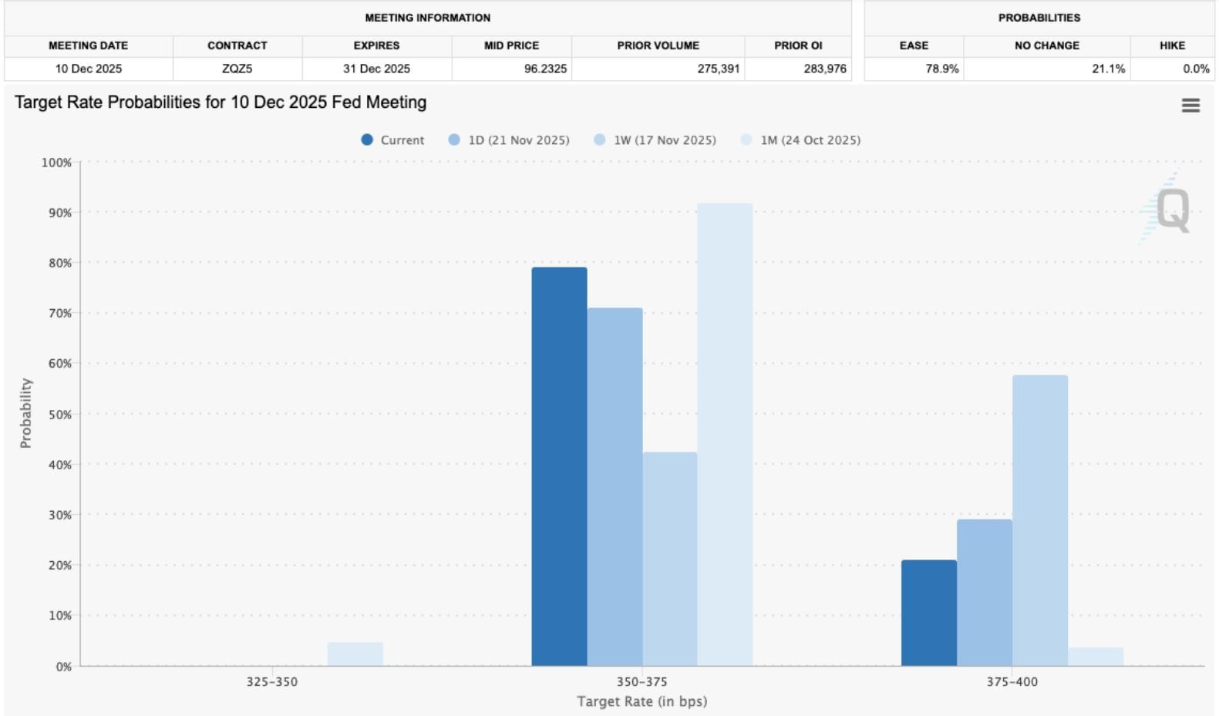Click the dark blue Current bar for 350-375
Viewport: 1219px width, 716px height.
(x=559, y=466)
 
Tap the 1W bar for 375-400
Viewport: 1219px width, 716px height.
(x=1039, y=520)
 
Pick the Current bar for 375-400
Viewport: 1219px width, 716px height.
(x=928, y=613)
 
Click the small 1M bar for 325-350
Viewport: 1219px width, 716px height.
(x=355, y=654)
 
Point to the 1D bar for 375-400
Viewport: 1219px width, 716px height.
(x=984, y=593)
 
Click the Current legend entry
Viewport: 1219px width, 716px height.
(x=392, y=140)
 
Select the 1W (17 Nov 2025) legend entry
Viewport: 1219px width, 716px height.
(x=655, y=140)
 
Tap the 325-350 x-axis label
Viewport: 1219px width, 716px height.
(x=271, y=681)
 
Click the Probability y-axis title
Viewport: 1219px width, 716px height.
(x=26, y=413)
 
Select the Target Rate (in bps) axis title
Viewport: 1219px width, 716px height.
(x=641, y=701)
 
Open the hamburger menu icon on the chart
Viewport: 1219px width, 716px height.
(x=1190, y=106)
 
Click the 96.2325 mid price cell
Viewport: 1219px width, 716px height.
(x=545, y=69)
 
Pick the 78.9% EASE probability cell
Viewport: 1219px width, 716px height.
(x=941, y=69)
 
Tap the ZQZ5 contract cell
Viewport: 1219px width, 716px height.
(x=237, y=69)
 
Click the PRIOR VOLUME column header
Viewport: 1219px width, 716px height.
(x=658, y=45)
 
